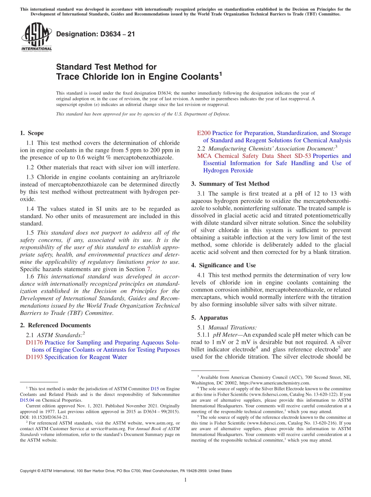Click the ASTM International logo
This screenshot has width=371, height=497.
tap(36, 37)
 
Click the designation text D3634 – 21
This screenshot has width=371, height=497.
tap(96, 34)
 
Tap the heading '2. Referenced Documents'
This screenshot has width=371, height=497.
tap(55, 325)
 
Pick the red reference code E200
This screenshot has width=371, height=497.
tap(203, 133)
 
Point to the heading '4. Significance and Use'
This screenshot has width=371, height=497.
tap(223, 265)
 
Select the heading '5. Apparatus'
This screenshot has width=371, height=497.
tap(209, 318)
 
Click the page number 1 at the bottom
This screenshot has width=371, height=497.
tap(185, 480)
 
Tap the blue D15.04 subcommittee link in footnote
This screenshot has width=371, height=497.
tap(27, 400)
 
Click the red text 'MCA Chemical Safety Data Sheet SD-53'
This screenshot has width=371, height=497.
tap(254, 156)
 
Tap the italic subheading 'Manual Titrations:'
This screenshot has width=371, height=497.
tap(232, 327)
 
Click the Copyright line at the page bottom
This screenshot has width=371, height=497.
tap(125, 471)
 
